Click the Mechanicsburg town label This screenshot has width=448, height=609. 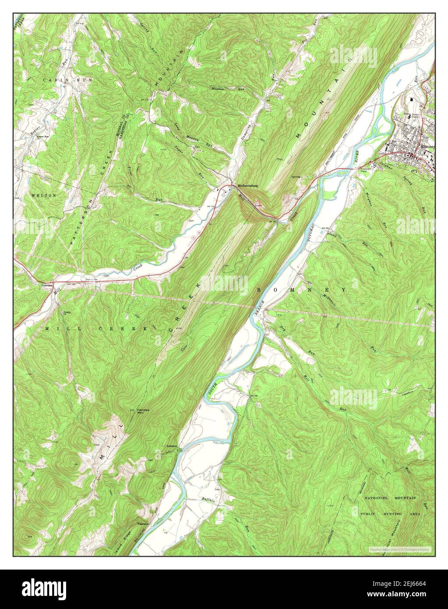click(x=247, y=186)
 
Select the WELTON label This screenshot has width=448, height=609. click(x=43, y=195)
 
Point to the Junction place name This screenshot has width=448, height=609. click(x=47, y=285)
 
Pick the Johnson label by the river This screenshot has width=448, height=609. click(x=172, y=446)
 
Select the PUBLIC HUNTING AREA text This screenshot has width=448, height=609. click(x=390, y=513)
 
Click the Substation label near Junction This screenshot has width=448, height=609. click(x=92, y=280)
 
